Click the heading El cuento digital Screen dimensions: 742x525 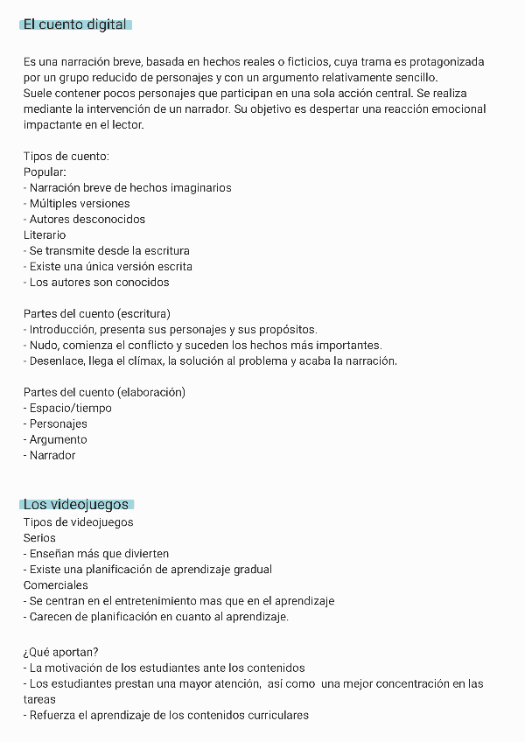pyautogui.click(x=75, y=24)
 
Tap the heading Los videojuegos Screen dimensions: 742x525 pyautogui.click(x=76, y=505)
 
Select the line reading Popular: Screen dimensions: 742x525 pyautogui.click(x=45, y=172)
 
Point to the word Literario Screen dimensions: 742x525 pyautogui.click(x=45, y=235)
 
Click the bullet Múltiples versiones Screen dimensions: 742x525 pyautogui.click(x=79, y=204)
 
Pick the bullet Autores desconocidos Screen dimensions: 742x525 pyautogui.click(x=87, y=220)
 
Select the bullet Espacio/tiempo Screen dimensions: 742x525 pyautogui.click(x=70, y=409)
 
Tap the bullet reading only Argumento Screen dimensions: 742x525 pyautogui.click(x=58, y=440)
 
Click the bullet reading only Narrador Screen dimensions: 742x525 pyautogui.click(x=52, y=456)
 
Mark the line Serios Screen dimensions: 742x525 pyautogui.click(x=39, y=538)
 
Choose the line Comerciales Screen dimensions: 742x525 pyautogui.click(x=56, y=585)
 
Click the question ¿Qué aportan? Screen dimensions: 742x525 pyautogui.click(x=61, y=652)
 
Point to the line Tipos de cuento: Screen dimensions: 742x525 pyautogui.click(x=66, y=157)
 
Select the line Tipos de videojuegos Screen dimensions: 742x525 pyautogui.click(x=79, y=522)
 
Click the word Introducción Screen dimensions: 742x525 pyautogui.click(x=62, y=330)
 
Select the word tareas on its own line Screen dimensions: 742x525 pyautogui.click(x=39, y=700)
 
